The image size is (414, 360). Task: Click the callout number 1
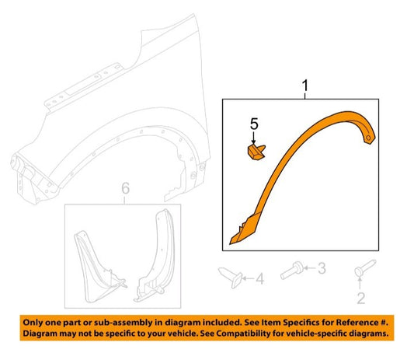click(305, 86)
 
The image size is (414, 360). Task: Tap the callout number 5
click(254, 124)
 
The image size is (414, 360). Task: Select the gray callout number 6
click(125, 188)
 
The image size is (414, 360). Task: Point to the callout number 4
click(259, 279)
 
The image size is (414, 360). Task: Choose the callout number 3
click(322, 268)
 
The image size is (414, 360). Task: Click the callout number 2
click(360, 298)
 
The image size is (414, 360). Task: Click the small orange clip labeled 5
click(256, 152)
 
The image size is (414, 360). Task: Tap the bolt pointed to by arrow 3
click(291, 271)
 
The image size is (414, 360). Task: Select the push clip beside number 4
click(230, 278)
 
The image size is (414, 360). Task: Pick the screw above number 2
click(365, 267)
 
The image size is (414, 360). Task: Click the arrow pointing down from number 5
click(254, 138)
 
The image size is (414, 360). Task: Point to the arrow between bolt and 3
click(310, 268)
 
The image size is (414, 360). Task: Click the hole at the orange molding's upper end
click(368, 138)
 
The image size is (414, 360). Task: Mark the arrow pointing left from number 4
click(249, 278)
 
